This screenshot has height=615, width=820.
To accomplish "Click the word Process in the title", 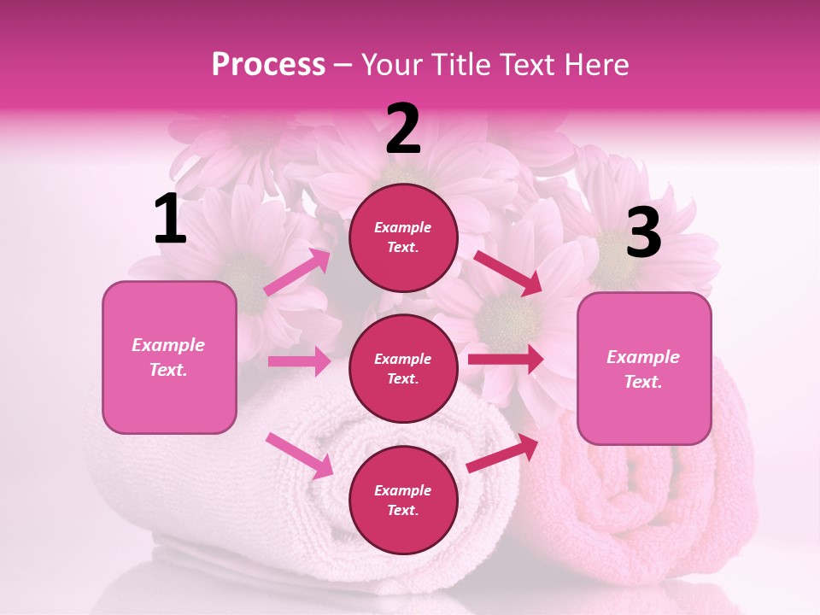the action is coord(268,64).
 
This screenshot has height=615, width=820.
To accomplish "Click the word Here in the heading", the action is coord(595,64).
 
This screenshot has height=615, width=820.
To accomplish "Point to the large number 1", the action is coord(170,220).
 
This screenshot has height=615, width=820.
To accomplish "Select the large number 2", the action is coord(403,129).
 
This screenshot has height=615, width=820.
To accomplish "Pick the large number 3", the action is coord(643,233).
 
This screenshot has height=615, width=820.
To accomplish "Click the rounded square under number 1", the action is coord(169,357).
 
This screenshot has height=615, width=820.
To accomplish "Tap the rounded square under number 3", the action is coord(644,369).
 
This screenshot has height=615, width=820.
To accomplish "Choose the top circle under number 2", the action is coord(403,237).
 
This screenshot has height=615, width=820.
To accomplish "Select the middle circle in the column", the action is coord(403,368).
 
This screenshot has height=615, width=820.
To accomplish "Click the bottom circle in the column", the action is coord(403,500).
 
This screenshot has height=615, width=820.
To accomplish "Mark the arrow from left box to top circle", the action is coord(297,272).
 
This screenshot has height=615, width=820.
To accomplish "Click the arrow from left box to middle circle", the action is coord(299,361).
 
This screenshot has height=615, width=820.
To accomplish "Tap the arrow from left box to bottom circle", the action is coord(300,455).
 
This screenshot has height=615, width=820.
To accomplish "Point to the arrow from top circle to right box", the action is coord(507,273).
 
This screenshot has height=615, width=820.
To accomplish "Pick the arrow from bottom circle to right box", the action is coord(503,454).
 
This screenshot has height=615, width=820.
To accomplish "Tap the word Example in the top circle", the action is coord(403,227).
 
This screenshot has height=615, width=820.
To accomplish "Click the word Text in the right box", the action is coord(642,382).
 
